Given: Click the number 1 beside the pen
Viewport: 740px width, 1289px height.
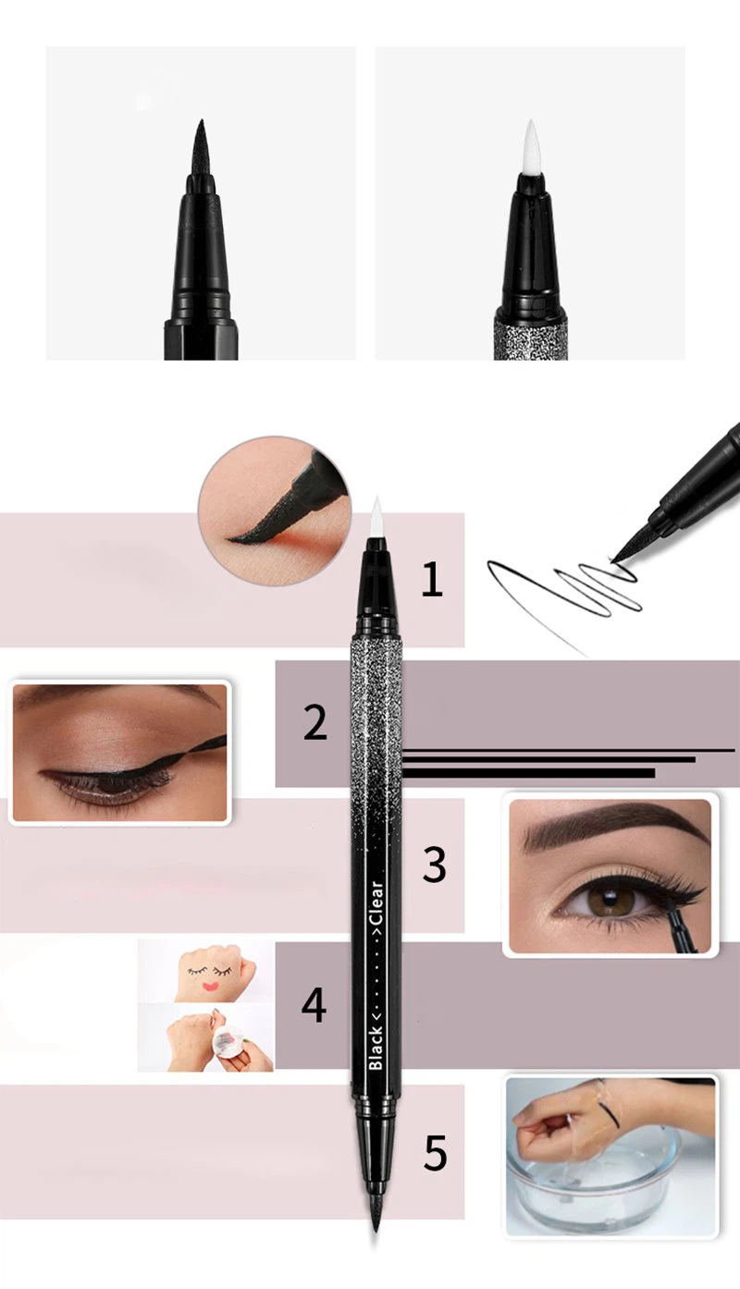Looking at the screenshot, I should coord(432,580).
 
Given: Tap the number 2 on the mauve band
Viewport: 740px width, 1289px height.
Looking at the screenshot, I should coord(314,723).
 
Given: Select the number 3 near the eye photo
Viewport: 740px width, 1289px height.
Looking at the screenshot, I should coord(434,864).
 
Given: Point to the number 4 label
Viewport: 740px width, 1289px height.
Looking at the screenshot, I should coord(314,1005).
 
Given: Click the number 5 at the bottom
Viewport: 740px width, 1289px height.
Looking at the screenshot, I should coord(435,1153).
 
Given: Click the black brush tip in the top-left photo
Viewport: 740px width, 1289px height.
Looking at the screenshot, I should coord(200,148).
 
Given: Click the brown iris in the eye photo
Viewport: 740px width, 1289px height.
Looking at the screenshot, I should coord(604,900).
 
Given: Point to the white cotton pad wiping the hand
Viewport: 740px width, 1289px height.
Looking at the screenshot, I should coord(222,1041).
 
